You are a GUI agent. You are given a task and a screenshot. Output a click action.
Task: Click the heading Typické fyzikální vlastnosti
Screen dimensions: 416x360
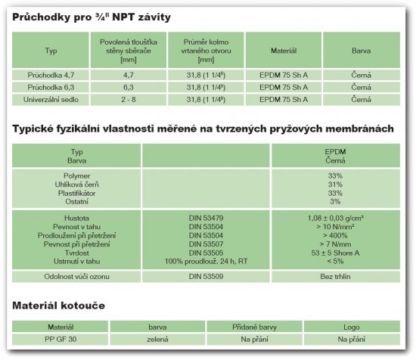coord(203,129)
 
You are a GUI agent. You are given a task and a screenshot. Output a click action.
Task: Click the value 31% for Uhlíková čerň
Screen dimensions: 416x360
coord(334,185)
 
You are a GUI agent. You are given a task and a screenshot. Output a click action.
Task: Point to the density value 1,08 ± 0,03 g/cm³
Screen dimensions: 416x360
coord(334,217)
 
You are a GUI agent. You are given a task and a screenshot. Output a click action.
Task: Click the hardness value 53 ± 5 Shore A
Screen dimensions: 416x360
coord(334,253)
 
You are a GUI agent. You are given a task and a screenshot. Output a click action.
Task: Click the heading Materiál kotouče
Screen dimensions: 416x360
coord(58,306)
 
